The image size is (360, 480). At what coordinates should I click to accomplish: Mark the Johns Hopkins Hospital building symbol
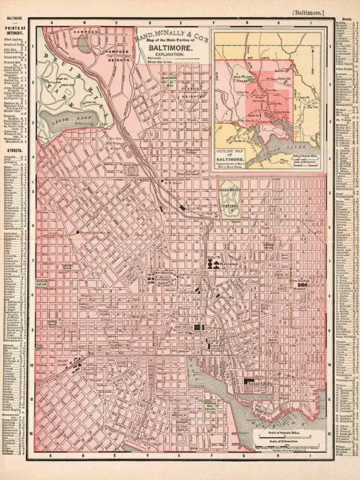[x=303, y=286]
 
